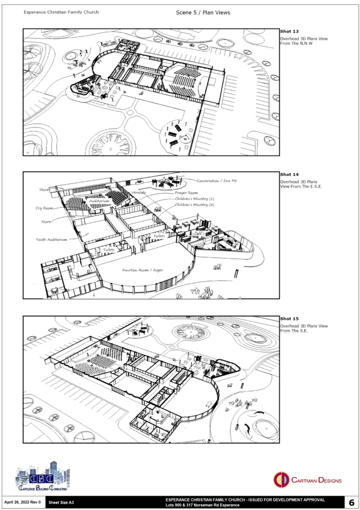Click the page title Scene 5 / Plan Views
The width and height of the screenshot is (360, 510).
coord(203,12)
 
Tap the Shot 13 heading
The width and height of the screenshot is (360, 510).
coord(289,32)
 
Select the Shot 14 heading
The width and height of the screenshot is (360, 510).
coord(289,174)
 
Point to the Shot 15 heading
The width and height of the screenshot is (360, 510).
coord(289,319)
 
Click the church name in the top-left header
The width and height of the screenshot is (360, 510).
coord(61,12)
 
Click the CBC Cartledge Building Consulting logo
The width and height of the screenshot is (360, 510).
coord(42,476)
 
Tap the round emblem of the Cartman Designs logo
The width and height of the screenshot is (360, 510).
coord(281,480)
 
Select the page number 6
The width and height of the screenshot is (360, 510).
coord(352,503)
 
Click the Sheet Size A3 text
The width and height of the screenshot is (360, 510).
coord(61,503)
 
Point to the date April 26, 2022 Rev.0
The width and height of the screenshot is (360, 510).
coord(22,502)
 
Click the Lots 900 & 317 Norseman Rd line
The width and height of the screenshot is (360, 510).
coord(203,505)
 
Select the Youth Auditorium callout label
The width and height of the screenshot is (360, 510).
coord(51,239)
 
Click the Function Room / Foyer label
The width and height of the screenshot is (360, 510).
coord(142,270)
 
